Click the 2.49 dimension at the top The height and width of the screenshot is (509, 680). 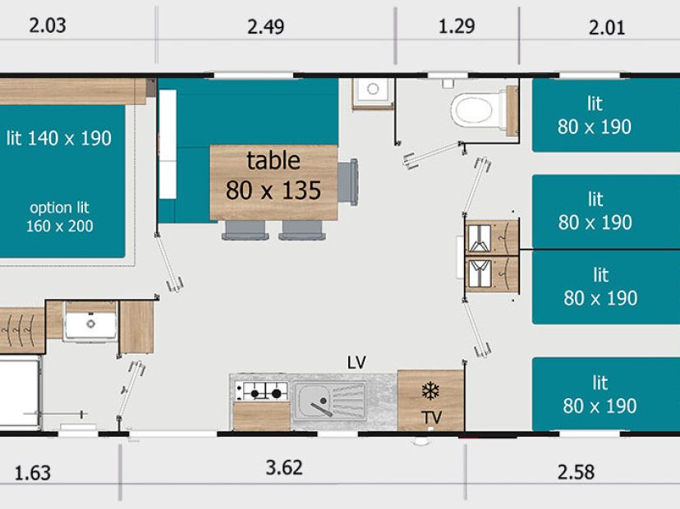(265, 27)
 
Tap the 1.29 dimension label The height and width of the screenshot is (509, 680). (457, 26)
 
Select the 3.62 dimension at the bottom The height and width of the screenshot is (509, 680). (284, 468)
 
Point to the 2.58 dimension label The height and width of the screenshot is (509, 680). (576, 472)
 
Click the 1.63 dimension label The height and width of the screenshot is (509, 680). (33, 473)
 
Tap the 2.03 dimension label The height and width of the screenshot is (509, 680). (48, 25)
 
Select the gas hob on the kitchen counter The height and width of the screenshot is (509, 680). (261, 392)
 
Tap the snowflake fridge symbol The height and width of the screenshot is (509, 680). (430, 391)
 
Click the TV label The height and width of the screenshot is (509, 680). (431, 418)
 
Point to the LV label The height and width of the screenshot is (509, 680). (356, 362)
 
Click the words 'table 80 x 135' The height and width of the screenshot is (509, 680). (273, 176)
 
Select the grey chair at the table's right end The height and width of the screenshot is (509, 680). (348, 182)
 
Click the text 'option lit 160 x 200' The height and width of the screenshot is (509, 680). (59, 217)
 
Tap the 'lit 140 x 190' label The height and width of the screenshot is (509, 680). (59, 138)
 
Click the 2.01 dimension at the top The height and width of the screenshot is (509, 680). (607, 28)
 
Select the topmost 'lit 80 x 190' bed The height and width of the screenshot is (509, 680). (606, 115)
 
